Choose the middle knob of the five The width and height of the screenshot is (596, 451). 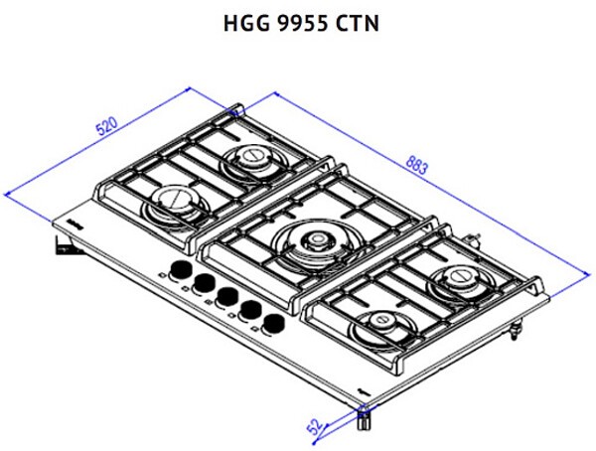pyautogui.click(x=226, y=296)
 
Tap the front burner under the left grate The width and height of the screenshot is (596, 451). pyautogui.click(x=173, y=204)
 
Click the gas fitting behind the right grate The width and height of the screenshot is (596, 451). pyautogui.click(x=476, y=238)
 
